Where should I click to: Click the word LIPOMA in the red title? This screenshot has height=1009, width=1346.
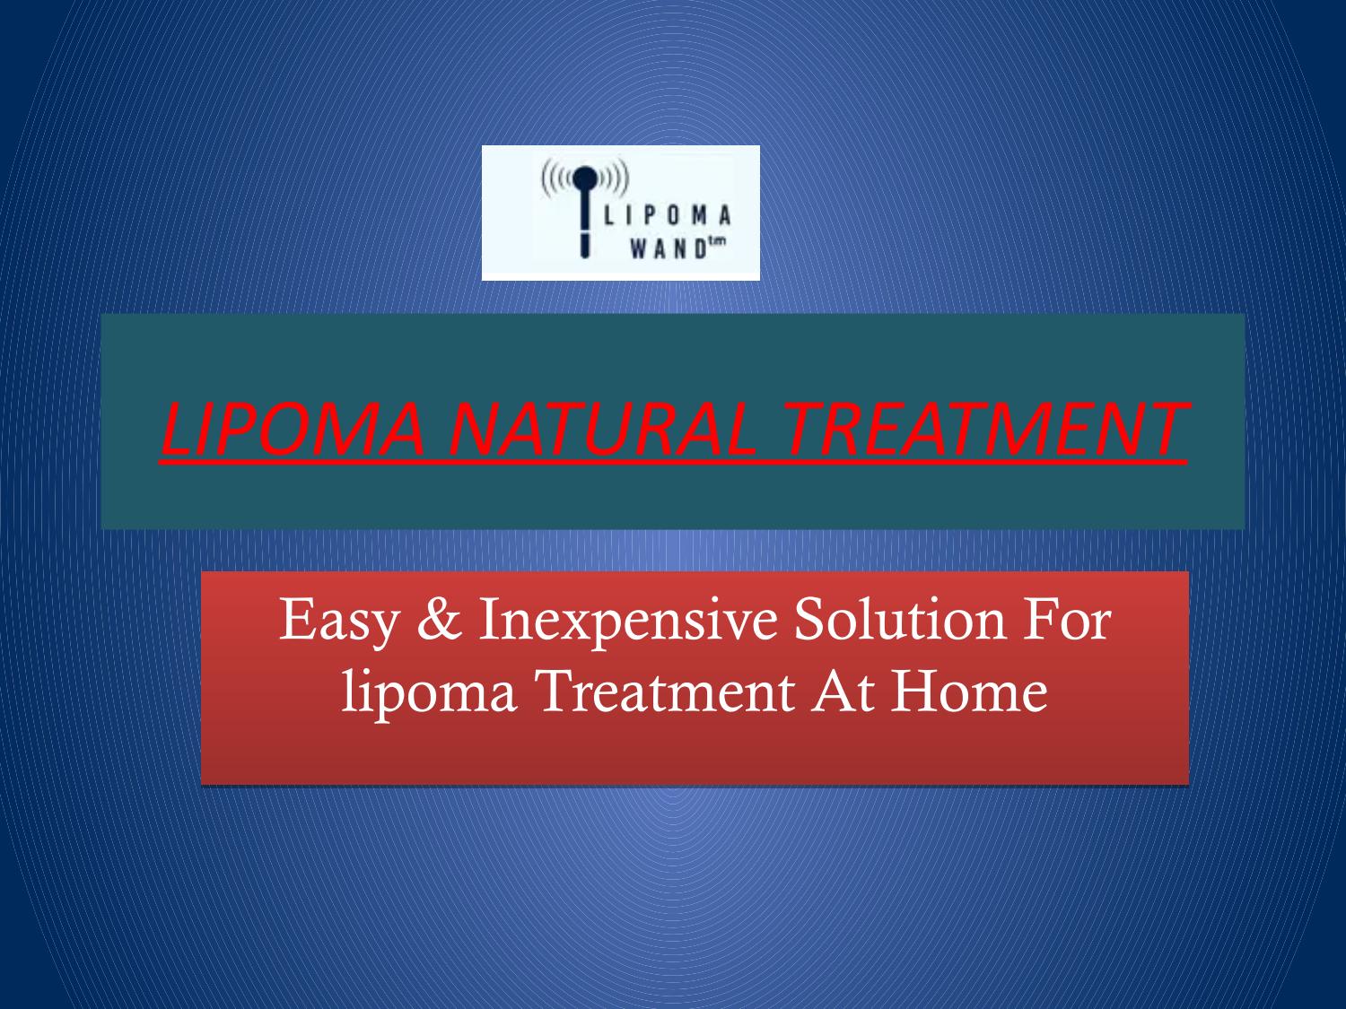[x=293, y=429]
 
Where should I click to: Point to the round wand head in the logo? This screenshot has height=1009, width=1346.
[x=585, y=178]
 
